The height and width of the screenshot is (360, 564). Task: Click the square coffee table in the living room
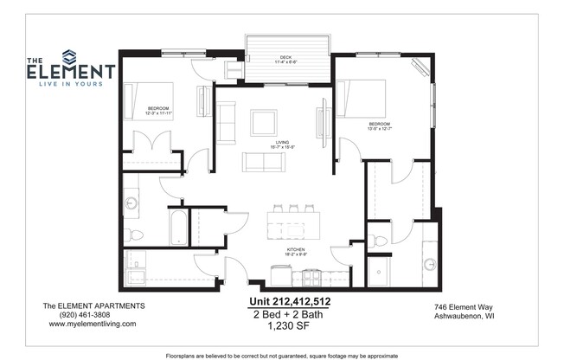click(263, 122)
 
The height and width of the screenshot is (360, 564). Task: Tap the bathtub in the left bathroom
click(176, 227)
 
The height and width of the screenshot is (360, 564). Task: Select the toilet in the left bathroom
click(135, 235)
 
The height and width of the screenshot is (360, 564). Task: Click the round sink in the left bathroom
click(131, 204)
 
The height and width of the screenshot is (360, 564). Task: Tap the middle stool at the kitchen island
click(293, 209)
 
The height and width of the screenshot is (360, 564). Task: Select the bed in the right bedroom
click(361, 98)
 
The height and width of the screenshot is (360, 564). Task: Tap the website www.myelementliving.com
click(93, 324)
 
